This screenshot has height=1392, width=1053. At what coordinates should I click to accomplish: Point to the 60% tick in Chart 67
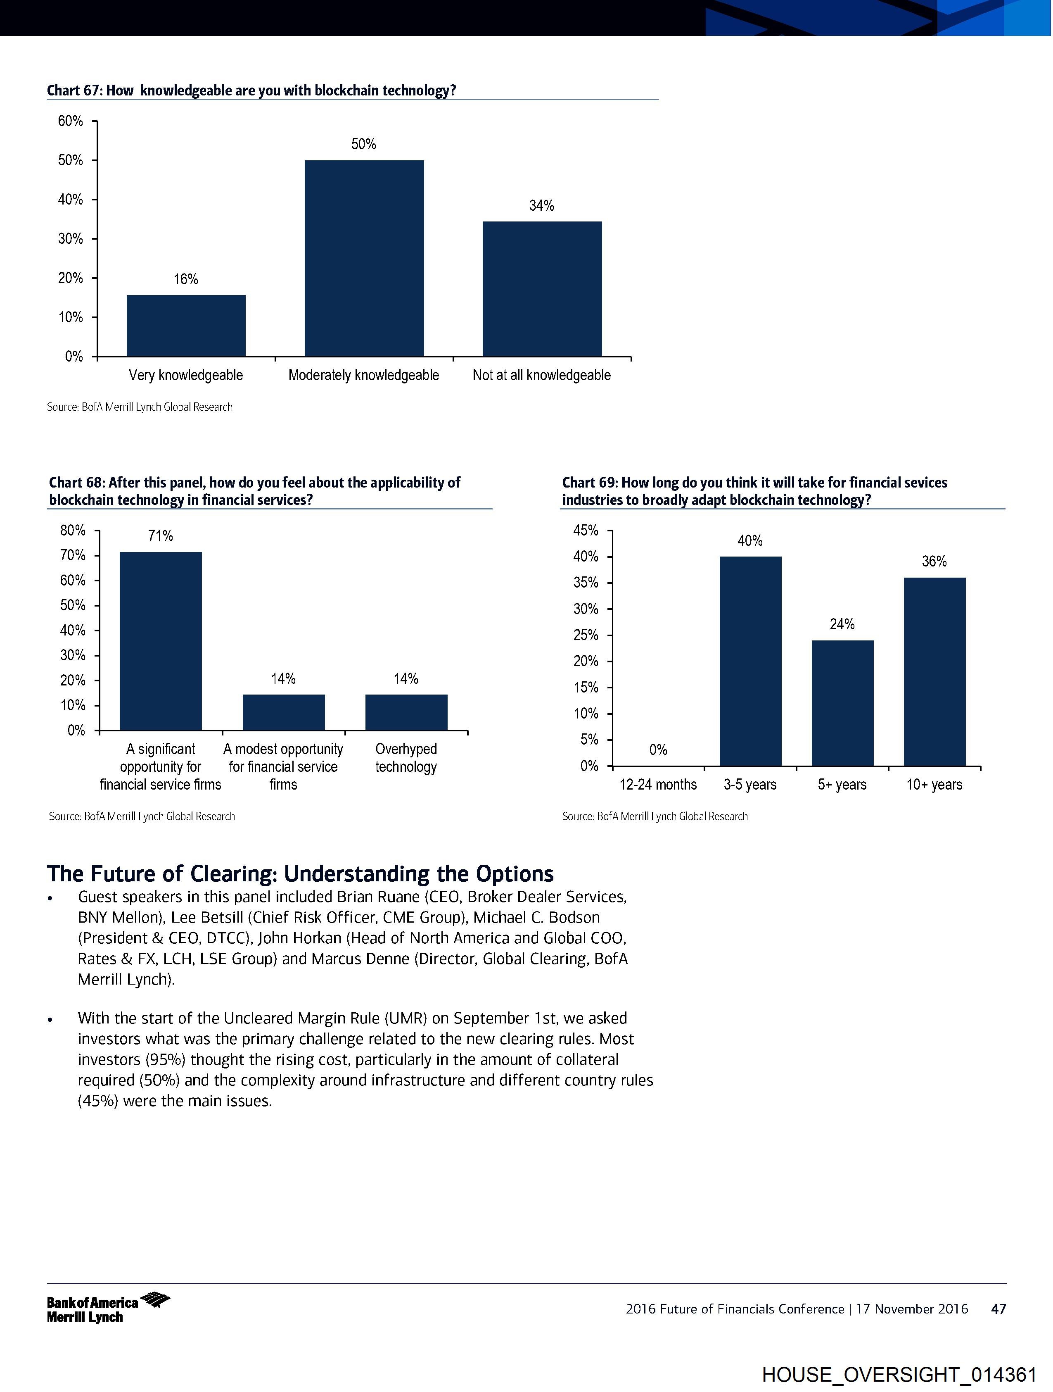click(71, 121)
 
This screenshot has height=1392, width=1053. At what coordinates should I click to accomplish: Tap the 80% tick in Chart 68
click(73, 531)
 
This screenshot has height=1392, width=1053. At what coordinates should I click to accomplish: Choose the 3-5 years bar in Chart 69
click(750, 661)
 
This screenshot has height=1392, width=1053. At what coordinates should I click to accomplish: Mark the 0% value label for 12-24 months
click(658, 750)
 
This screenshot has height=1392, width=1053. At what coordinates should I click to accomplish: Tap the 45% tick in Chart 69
click(586, 531)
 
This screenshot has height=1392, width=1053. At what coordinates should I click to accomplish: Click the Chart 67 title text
click(251, 90)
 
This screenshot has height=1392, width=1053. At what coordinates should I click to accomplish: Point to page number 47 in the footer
click(998, 1309)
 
